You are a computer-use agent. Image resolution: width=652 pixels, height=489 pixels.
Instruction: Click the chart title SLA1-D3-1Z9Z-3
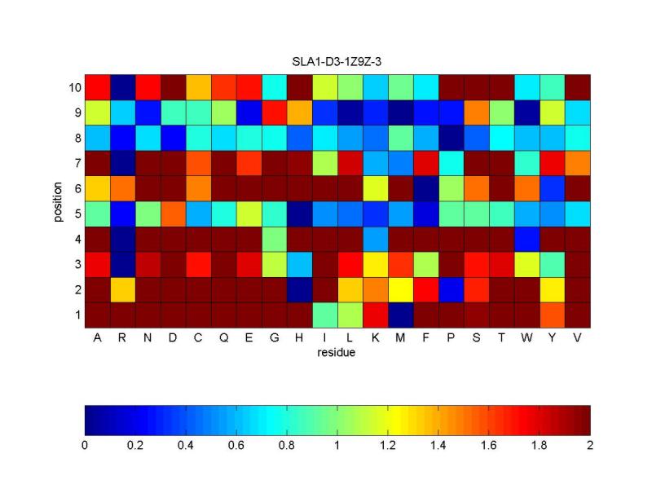tap(337, 63)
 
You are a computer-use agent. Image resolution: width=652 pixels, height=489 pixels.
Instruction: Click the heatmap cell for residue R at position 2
tap(122, 289)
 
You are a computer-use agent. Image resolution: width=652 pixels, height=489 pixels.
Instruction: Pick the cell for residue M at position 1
tap(400, 315)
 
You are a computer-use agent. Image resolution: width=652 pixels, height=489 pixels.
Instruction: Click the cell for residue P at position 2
tap(451, 289)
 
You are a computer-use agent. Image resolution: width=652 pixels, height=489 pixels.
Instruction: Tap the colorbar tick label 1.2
tap(387, 446)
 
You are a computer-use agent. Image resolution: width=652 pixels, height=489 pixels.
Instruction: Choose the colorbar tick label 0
tap(85, 446)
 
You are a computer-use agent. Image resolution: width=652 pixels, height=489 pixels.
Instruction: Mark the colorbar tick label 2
tap(589, 446)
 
